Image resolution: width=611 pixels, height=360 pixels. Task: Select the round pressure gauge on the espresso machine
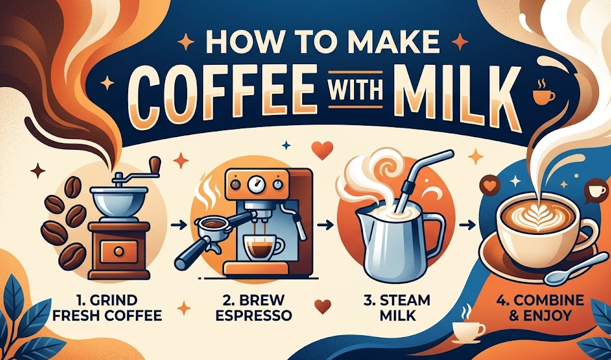click(x=256, y=186)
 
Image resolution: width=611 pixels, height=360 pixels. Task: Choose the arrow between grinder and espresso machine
click(x=180, y=223)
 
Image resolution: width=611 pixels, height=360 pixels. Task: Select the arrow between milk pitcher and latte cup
click(x=467, y=223)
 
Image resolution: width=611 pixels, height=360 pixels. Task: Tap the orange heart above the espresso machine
click(x=324, y=151)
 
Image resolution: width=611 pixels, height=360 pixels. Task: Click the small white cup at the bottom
click(x=468, y=330)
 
